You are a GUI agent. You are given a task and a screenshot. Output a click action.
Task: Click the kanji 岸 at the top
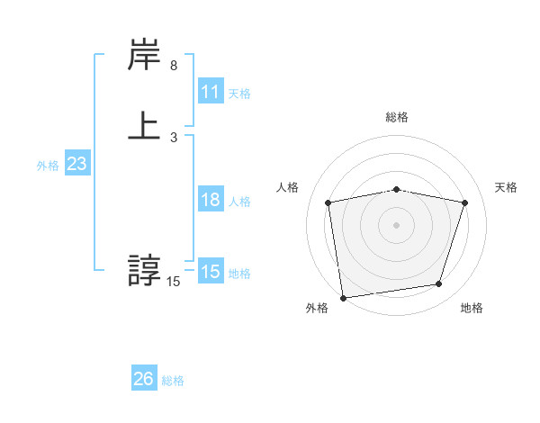coord(145,58)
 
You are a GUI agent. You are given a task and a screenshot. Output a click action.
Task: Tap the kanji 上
coord(145,124)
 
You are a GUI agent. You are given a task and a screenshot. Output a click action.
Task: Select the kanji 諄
coord(145,270)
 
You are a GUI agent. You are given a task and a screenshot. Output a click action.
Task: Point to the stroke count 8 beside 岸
coord(174,66)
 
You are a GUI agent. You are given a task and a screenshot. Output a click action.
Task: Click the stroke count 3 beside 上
coord(174,137)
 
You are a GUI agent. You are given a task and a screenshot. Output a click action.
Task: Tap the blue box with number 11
coord(211,92)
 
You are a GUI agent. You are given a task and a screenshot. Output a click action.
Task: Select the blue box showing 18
coord(211,200)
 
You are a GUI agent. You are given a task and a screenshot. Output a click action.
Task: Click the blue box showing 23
coord(76,165)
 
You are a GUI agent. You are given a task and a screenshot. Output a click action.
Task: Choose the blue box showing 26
coord(144,379)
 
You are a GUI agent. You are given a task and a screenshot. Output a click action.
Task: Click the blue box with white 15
coord(211,272)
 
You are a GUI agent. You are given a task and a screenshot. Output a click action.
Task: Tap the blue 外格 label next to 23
coord(48,166)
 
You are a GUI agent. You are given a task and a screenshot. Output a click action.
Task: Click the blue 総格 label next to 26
coord(173,381)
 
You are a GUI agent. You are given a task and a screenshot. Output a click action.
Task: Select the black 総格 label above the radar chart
coord(396,117)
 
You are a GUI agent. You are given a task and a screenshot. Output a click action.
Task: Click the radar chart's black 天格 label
coord(507,187)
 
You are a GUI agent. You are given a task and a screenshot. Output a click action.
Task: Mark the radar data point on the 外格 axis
coord(343,296)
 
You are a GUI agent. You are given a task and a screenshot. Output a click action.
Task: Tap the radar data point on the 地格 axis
coord(439,284)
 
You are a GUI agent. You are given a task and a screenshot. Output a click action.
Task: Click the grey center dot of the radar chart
coord(396,224)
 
